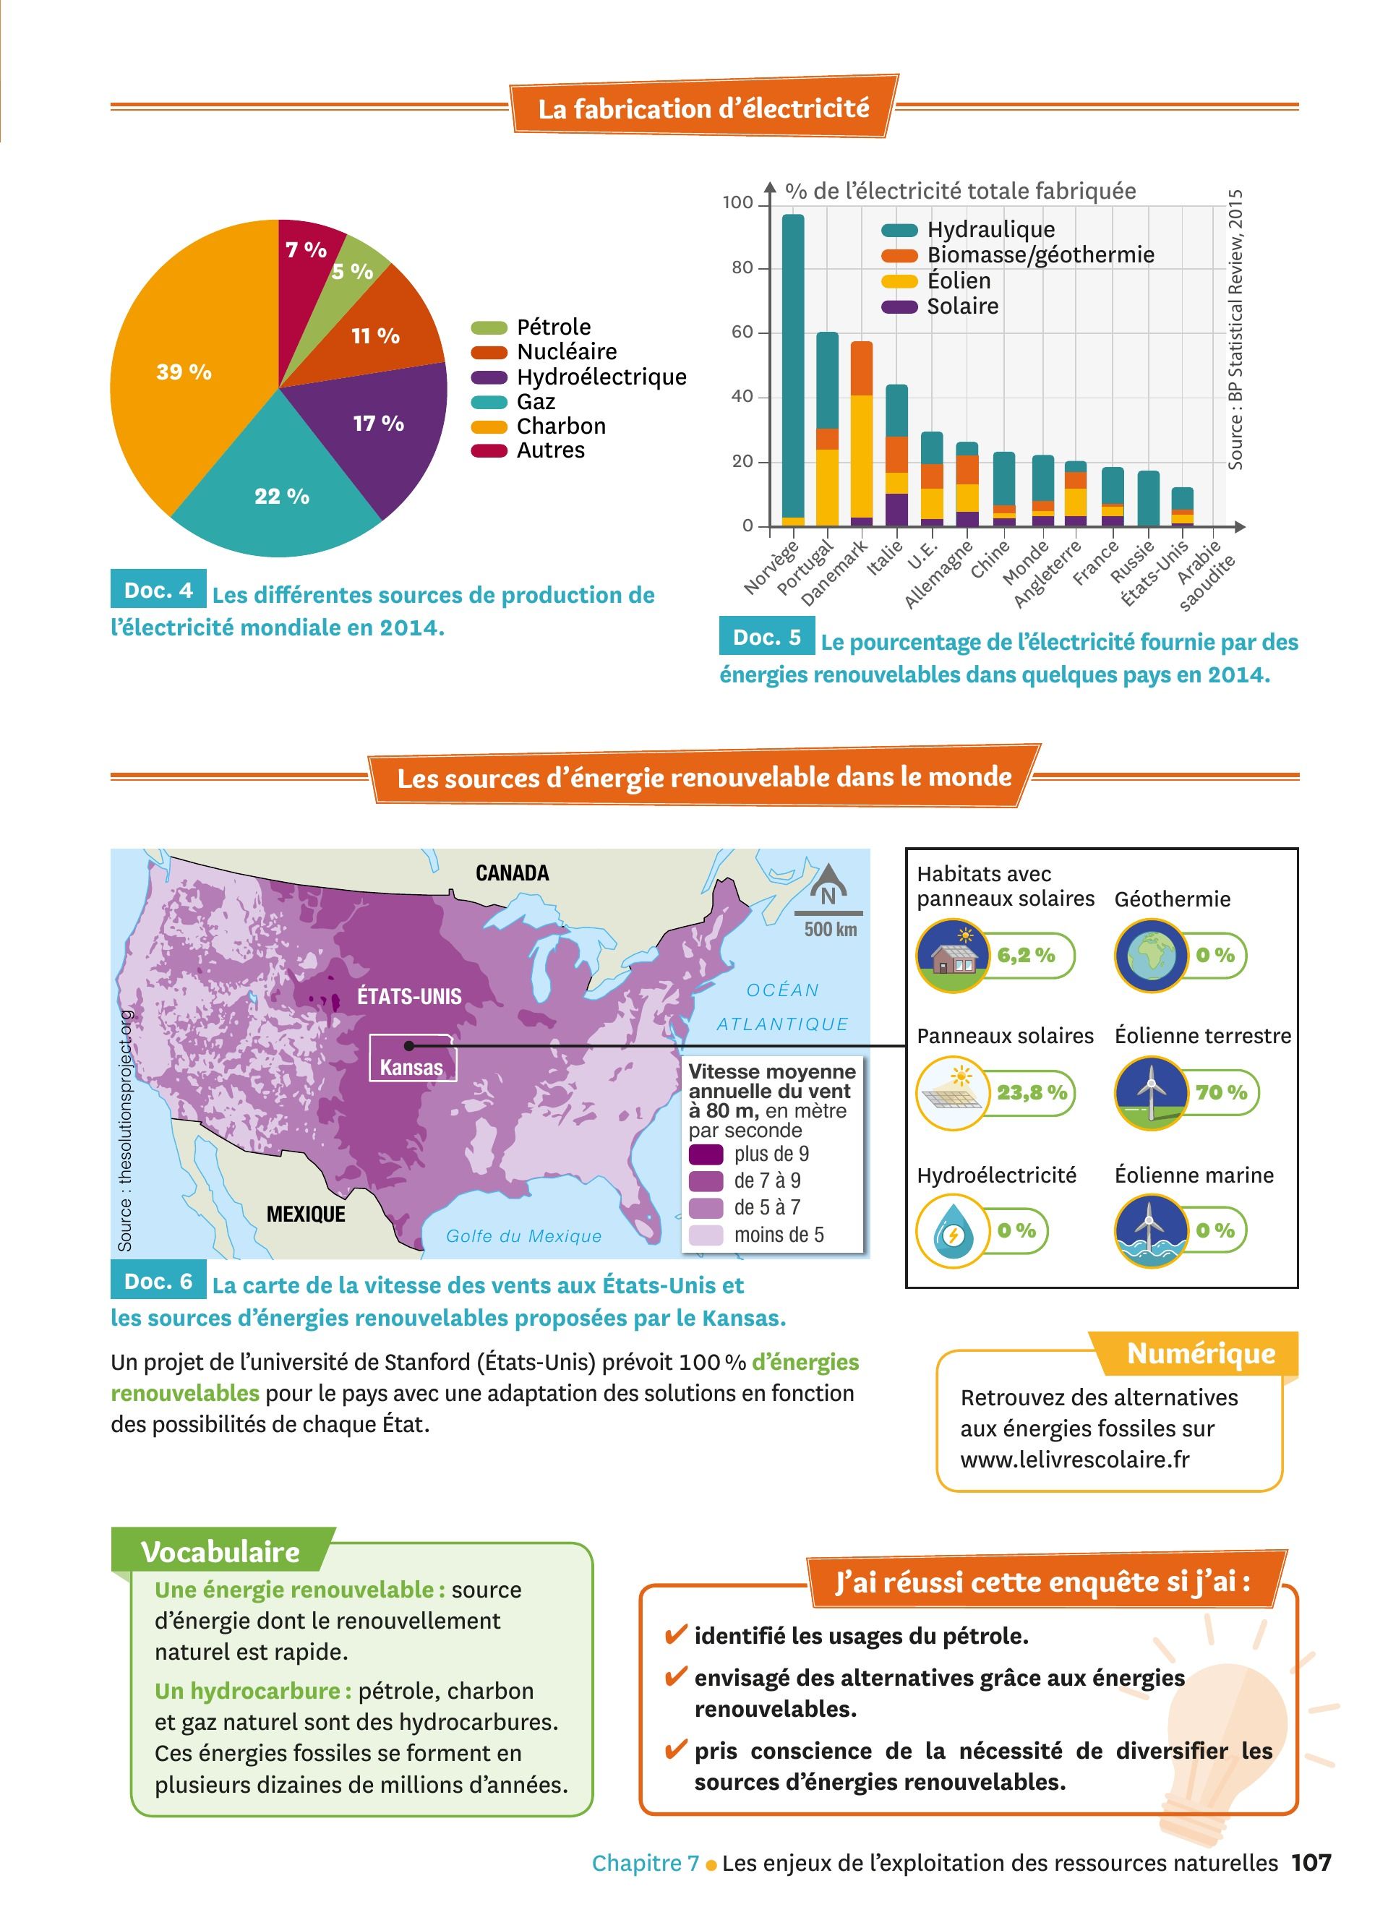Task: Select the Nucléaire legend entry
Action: click(566, 351)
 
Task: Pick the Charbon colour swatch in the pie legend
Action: click(489, 427)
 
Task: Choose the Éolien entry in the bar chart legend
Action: click(958, 280)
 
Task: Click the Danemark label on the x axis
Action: click(834, 573)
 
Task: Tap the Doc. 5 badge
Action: click(766, 637)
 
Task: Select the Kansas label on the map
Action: click(411, 1067)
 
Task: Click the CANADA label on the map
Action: click(512, 873)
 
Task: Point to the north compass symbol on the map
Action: click(828, 886)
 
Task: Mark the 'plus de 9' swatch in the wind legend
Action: click(705, 1154)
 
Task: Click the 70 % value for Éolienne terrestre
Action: click(1221, 1092)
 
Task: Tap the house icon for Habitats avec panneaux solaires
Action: click(952, 956)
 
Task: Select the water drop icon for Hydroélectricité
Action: click(952, 1232)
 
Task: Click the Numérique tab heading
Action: click(1200, 1353)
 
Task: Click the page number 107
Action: click(1311, 1862)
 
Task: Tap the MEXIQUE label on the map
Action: click(306, 1214)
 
